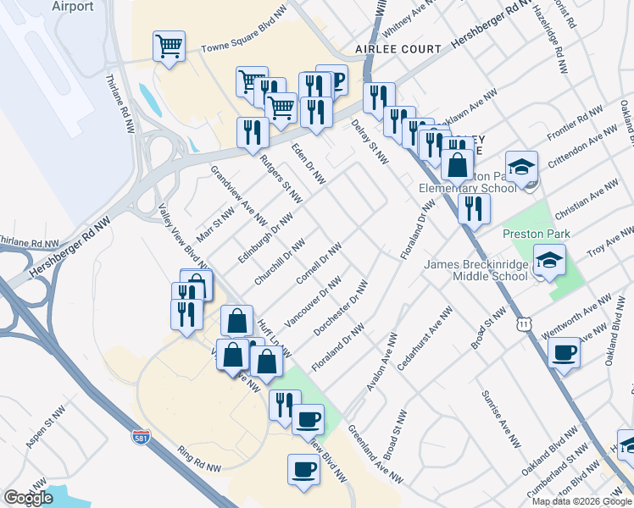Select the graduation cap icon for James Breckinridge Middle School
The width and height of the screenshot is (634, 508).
point(549,261)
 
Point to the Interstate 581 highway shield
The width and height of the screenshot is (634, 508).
point(141,437)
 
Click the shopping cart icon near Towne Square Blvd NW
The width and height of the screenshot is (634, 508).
point(170,47)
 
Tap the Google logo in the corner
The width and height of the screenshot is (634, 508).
point(28,498)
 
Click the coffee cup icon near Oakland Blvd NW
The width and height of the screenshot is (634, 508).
point(564,353)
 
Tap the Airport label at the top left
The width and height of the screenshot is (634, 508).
point(72,6)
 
